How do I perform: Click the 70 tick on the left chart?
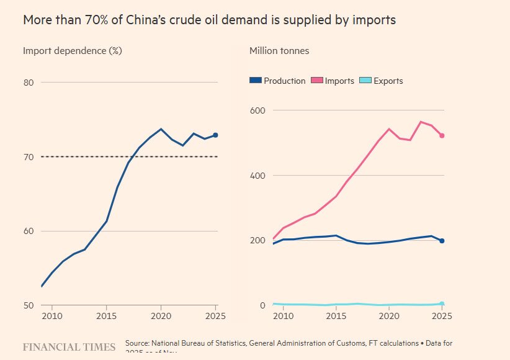coord(29,157)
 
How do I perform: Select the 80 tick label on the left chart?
coord(29,83)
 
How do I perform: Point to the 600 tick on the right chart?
coord(257,110)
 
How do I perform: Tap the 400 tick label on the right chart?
coord(257,176)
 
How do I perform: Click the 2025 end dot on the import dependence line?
coord(215,135)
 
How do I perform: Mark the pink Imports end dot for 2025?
coord(442,135)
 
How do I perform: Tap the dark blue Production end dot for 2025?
coord(442,240)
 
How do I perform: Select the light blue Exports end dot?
coord(442,304)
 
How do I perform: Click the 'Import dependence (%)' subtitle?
coord(72,51)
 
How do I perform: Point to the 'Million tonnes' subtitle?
coord(279,51)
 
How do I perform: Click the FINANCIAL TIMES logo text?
coord(69,347)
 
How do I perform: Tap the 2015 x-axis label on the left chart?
coord(107,317)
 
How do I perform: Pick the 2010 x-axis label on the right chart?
coord(284,317)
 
